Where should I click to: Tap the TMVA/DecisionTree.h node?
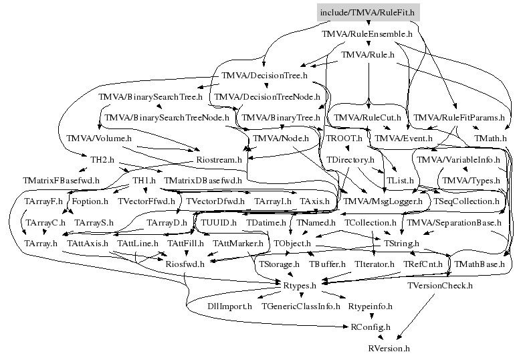(264, 76)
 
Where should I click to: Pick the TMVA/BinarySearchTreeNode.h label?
(167, 118)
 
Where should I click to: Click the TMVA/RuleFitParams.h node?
(459, 118)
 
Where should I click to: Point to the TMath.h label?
(490, 139)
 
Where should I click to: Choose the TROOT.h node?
(344, 139)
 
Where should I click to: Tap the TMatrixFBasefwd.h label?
(61, 181)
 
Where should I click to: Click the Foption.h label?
(90, 201)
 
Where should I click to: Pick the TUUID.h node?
(219, 222)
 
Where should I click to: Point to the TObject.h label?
(292, 243)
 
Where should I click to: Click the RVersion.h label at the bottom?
(389, 349)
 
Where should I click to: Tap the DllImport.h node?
(229, 306)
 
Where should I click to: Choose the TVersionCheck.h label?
(439, 286)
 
